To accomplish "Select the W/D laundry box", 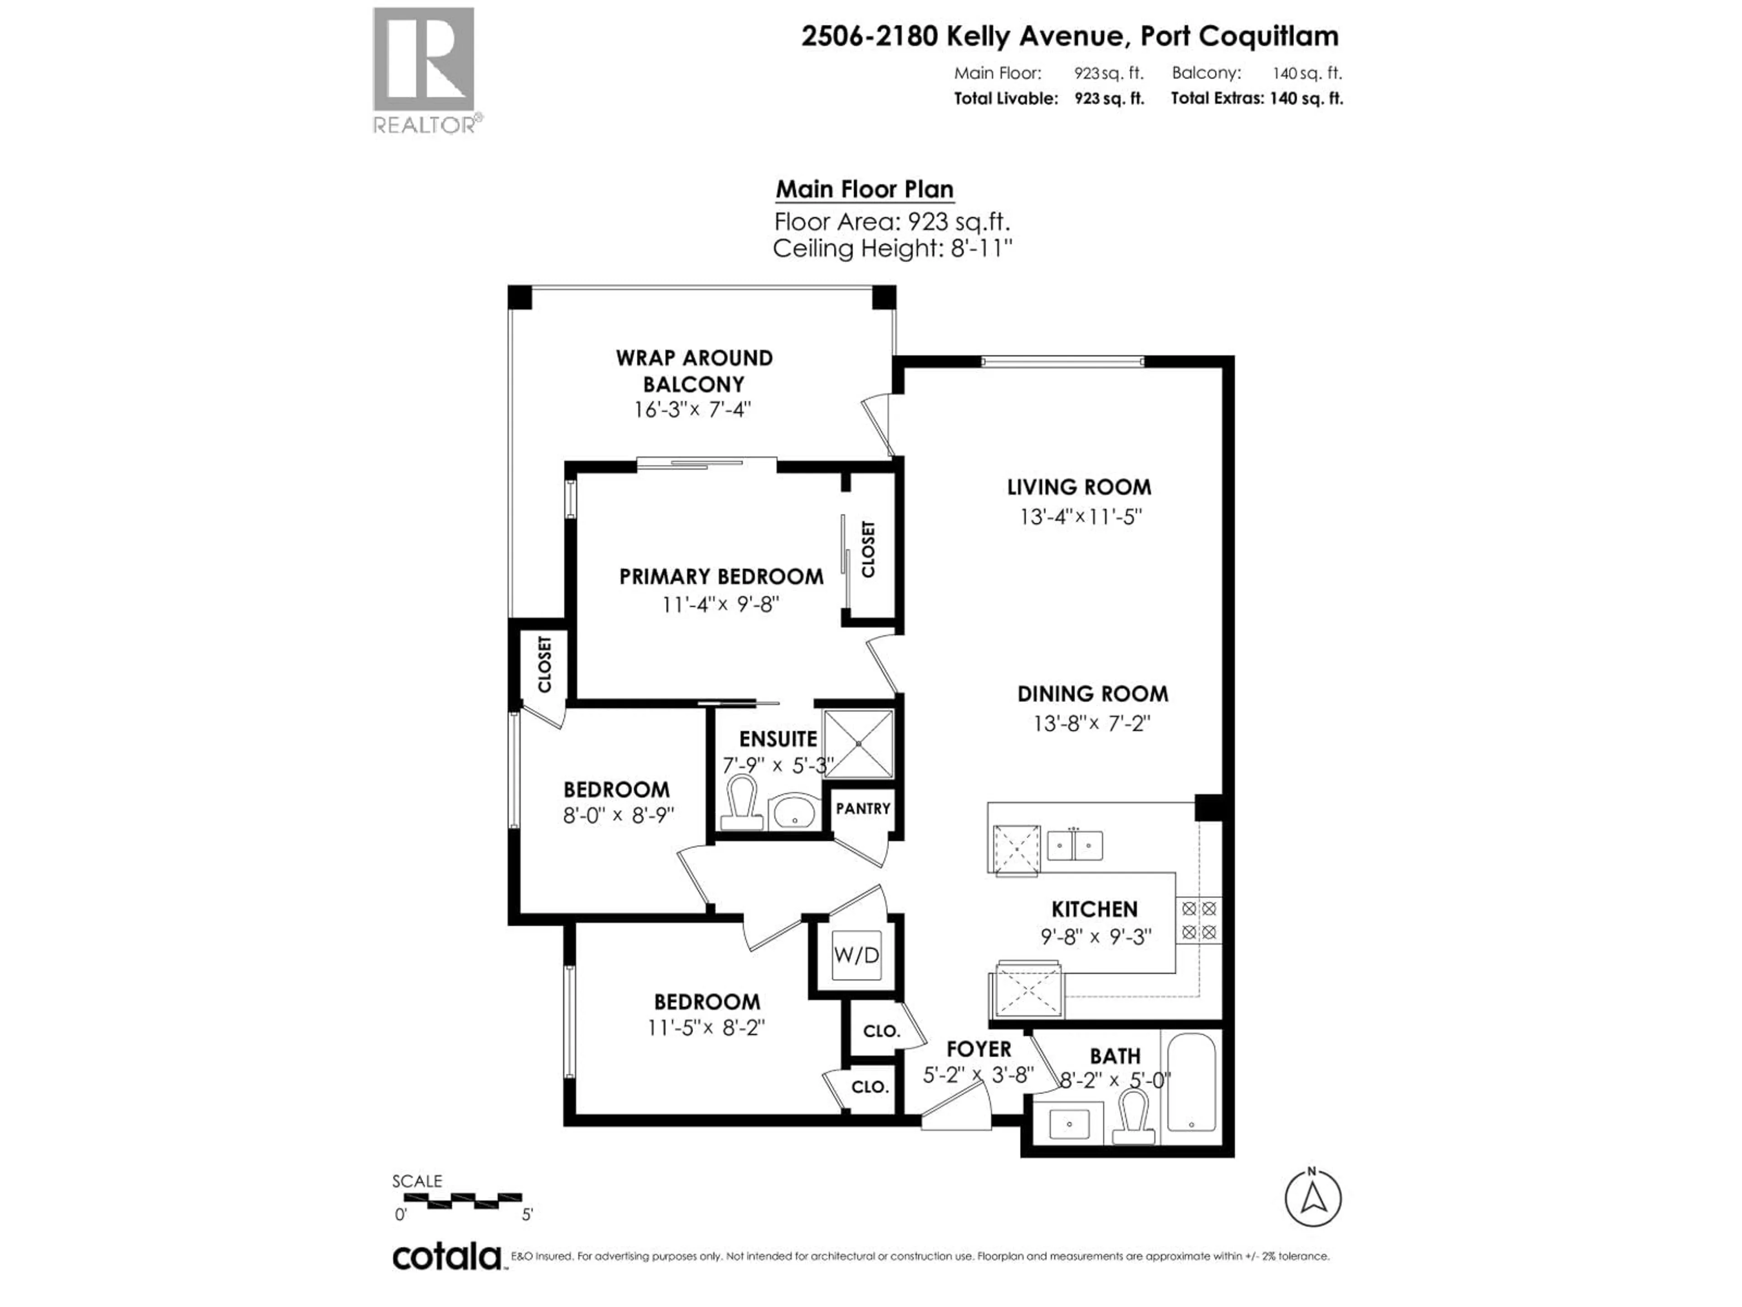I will point(856,955).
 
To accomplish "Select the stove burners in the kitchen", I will point(1199,921).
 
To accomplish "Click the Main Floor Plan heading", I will point(865,190).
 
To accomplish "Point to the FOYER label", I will point(978,1049).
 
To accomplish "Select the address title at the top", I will point(1069,36).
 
